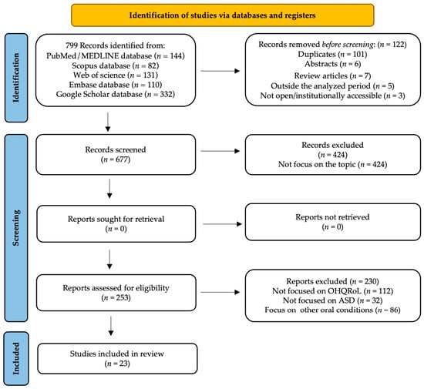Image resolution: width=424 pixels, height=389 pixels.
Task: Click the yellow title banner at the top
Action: coord(223,15)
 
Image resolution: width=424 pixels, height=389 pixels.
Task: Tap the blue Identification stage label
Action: coord(16,78)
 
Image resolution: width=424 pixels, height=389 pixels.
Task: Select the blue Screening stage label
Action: coord(16,228)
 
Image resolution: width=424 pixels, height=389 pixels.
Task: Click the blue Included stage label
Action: coord(16,358)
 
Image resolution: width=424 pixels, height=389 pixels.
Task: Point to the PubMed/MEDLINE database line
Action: coord(116,56)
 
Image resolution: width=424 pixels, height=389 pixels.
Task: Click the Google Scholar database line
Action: coord(116,94)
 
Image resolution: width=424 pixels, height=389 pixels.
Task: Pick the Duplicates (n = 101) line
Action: coord(332,54)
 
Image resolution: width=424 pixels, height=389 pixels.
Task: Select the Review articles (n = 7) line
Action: coord(332,76)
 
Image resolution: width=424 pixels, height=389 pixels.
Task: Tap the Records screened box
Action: coord(116,155)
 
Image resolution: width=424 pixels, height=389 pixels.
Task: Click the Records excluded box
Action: coord(333,155)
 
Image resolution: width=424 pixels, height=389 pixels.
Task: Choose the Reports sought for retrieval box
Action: coord(116,223)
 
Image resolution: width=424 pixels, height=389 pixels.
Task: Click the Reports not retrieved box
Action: coord(333,222)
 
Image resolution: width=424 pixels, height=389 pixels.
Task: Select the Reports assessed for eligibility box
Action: coord(116,293)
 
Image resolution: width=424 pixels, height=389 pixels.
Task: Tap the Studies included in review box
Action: coord(117,358)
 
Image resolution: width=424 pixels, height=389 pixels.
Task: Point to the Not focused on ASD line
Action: coord(332,300)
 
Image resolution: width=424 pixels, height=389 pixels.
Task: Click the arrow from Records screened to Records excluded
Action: coord(220,151)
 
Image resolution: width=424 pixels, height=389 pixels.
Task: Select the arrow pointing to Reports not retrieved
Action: coord(222,224)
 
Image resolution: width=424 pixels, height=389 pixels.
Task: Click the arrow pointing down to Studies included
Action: coord(111,326)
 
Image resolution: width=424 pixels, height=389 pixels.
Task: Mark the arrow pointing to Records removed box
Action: coord(220,71)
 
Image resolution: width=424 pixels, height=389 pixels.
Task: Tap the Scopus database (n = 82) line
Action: coord(116,65)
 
